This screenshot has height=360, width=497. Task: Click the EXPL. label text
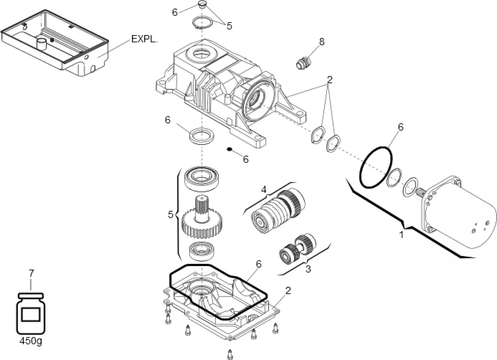144,39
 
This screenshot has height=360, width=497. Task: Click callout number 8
322,42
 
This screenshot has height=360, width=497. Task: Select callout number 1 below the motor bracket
401,235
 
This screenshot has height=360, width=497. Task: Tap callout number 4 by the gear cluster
263,190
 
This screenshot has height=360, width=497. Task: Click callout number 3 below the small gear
308,269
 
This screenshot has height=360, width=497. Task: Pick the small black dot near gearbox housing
230,150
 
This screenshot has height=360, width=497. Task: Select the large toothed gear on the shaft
201,224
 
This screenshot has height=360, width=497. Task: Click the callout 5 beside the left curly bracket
170,214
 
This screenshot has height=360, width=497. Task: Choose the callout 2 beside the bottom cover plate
288,290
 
